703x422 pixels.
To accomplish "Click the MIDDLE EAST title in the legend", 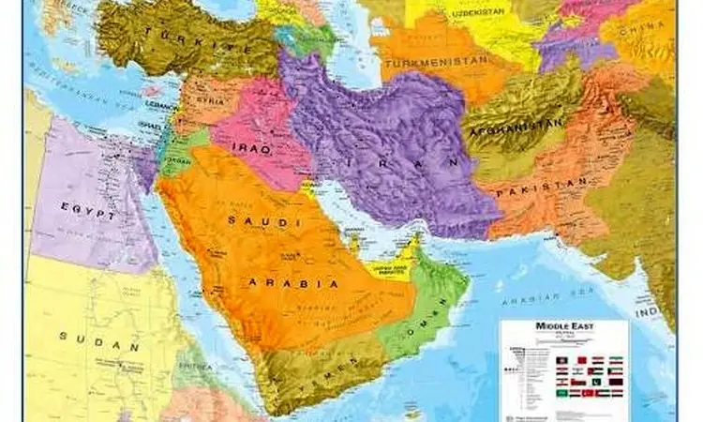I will (x=563, y=326).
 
